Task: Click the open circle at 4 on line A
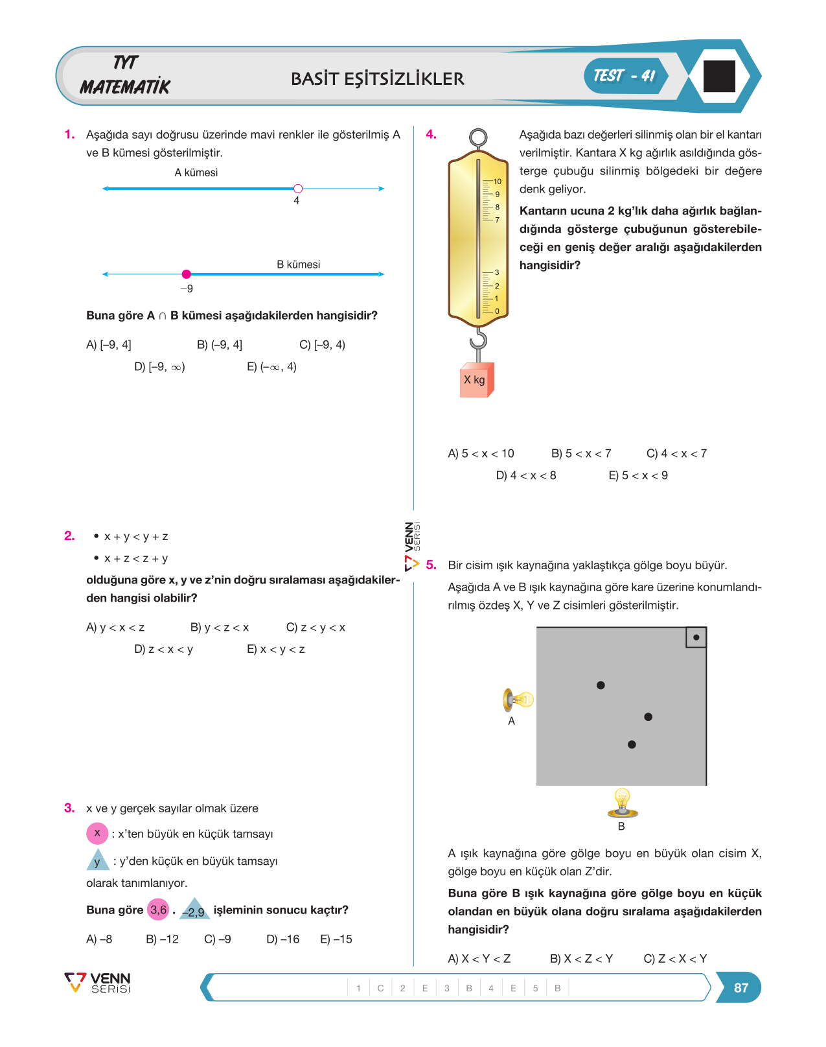point(298,189)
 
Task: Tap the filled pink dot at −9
point(186,274)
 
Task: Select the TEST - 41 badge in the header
point(625,76)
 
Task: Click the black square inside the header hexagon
point(719,76)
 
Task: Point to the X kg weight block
point(477,380)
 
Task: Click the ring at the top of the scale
point(478,137)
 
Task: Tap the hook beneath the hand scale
point(479,339)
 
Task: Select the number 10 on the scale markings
point(498,182)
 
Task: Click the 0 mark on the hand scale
point(497,311)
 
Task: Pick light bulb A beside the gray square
point(518,700)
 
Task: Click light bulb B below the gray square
point(623,803)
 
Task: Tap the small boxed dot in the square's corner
point(696,637)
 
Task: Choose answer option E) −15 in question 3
point(336,939)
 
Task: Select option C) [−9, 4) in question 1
point(323,345)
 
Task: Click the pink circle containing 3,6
point(158,910)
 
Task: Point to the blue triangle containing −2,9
point(194,910)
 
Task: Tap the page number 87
point(741,987)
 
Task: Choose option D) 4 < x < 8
point(526,475)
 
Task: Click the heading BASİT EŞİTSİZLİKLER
point(377,79)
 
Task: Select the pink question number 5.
point(431,565)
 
